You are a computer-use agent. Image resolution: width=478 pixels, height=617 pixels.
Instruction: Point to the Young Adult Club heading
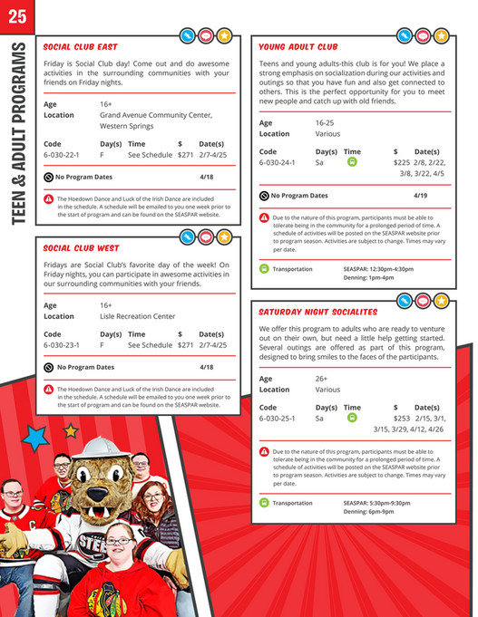click(x=298, y=46)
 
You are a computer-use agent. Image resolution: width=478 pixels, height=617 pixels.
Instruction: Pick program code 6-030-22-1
click(x=62, y=156)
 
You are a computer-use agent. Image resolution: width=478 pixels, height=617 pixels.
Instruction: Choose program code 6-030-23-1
click(x=62, y=345)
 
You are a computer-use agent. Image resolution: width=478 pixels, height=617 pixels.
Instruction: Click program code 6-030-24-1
click(x=278, y=163)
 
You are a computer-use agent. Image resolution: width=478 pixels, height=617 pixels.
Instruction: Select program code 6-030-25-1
click(x=278, y=419)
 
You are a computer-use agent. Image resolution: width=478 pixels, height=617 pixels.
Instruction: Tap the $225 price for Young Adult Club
click(x=402, y=163)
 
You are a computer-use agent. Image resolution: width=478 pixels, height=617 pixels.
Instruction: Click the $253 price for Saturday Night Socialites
click(x=402, y=419)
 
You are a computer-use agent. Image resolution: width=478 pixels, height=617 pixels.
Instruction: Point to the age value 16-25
click(x=326, y=122)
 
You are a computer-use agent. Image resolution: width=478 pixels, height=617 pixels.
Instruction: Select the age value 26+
click(x=322, y=378)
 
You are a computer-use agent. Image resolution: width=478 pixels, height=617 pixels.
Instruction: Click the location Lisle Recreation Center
click(x=138, y=317)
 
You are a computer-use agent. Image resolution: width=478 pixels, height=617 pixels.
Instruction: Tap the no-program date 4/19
click(x=421, y=195)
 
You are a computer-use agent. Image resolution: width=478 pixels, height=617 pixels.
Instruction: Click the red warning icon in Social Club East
click(x=48, y=198)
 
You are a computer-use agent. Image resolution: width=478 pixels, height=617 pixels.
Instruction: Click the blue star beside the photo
click(x=36, y=439)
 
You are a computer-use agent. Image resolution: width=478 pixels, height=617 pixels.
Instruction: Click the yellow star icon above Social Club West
click(x=223, y=237)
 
